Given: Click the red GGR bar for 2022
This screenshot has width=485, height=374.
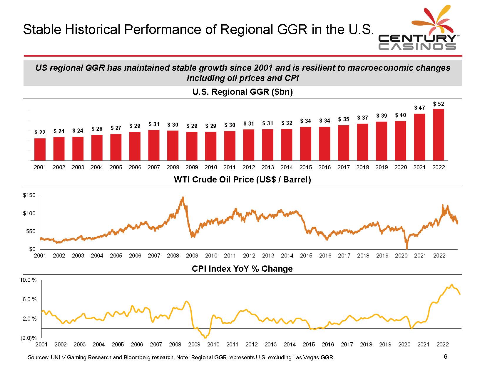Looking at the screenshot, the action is (438, 135).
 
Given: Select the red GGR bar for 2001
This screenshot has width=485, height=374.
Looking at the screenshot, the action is (40, 150).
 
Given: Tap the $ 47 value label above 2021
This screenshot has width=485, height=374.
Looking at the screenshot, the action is (420, 108).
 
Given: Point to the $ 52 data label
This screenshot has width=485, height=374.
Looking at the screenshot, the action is (439, 104).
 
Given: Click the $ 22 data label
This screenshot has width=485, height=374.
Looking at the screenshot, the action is (40, 133).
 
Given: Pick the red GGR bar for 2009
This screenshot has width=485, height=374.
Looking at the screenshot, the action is (192, 146).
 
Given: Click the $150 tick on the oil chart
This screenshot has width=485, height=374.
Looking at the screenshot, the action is (29, 195).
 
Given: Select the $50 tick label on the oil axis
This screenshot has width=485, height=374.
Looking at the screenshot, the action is (31, 231).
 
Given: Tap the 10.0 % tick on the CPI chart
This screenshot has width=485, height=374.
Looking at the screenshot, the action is (28, 280).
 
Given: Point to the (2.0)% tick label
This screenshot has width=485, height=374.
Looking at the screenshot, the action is (29, 338).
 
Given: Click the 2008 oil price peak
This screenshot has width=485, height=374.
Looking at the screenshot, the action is (183, 197).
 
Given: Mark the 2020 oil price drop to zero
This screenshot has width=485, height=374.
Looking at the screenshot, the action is (407, 248).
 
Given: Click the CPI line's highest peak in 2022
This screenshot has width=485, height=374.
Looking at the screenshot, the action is (452, 285).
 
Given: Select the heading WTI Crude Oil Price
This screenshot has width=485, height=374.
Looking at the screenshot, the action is (242, 180).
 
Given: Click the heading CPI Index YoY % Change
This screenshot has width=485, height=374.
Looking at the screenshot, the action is (242, 269).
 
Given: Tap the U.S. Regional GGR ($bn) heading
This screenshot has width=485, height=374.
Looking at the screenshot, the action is (242, 92).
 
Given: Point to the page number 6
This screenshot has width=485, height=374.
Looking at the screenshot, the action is (446, 357).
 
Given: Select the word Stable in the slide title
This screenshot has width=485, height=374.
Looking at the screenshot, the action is (42, 29).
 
